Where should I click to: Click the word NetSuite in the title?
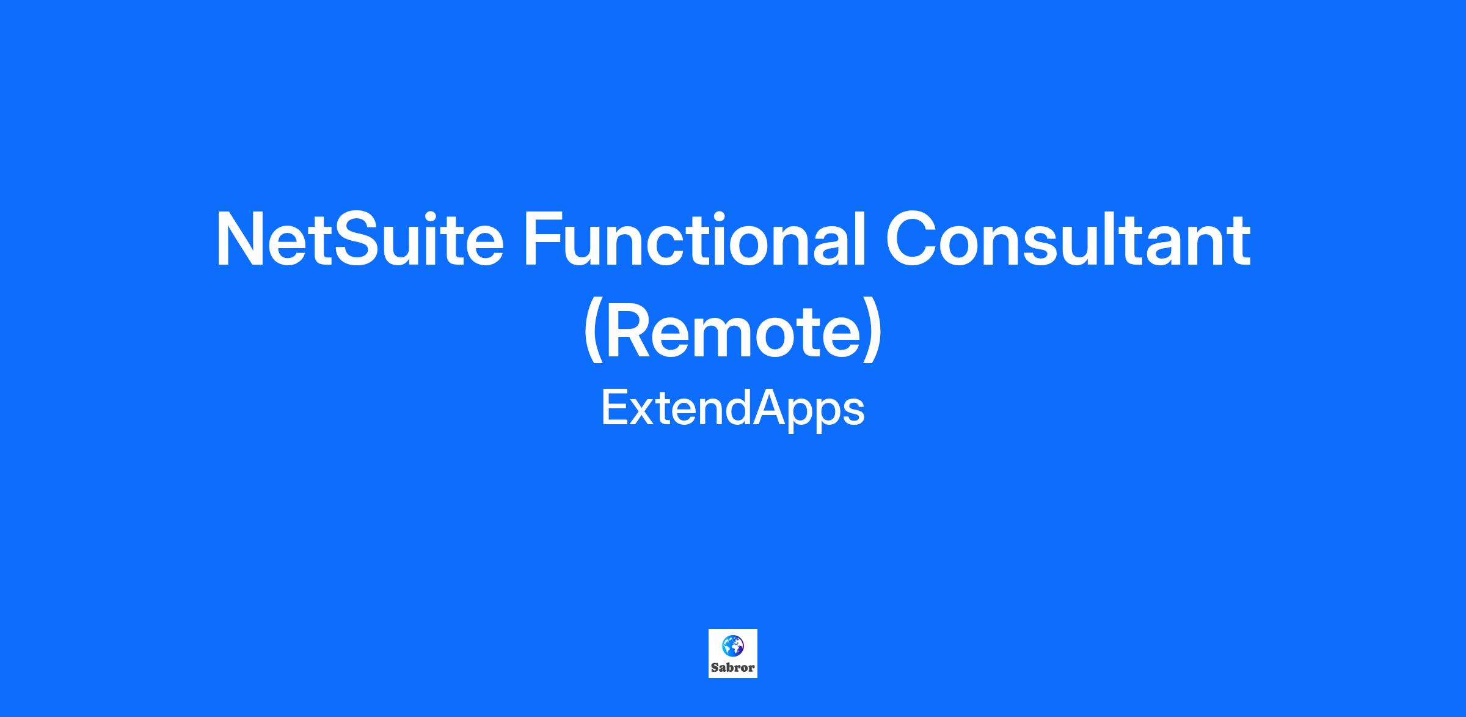pyautogui.click(x=360, y=239)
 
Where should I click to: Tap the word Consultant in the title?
pyautogui.click(x=1068, y=239)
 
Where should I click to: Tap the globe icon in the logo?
pyautogui.click(x=732, y=645)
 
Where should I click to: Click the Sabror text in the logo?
pyautogui.click(x=733, y=667)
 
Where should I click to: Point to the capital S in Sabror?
pyautogui.click(x=715, y=667)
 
